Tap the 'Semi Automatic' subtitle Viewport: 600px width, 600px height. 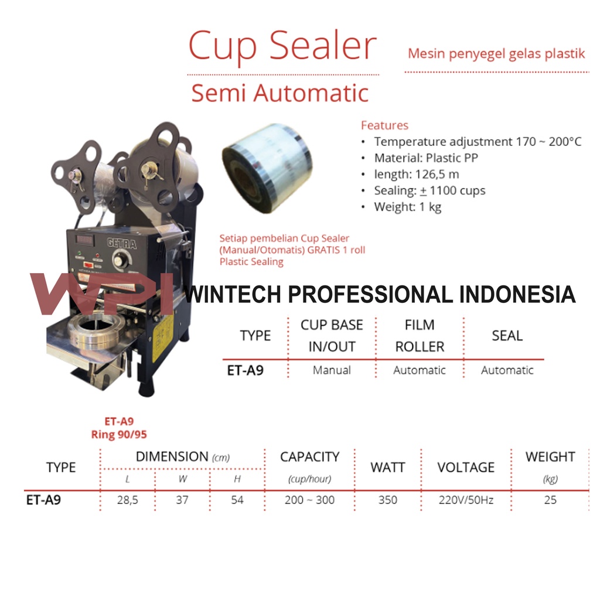(x=280, y=93)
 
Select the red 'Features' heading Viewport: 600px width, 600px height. (x=384, y=125)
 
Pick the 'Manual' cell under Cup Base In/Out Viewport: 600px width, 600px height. (x=332, y=370)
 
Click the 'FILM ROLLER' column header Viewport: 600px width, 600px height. (x=420, y=336)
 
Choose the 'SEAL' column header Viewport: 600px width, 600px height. (x=507, y=336)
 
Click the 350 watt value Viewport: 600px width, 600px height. (x=387, y=500)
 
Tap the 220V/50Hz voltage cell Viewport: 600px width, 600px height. (x=466, y=500)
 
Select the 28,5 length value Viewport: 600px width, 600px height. (x=127, y=500)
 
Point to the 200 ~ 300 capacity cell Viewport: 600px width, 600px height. (x=309, y=500)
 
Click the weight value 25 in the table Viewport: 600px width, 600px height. (x=550, y=500)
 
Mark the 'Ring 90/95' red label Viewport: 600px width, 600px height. (x=119, y=435)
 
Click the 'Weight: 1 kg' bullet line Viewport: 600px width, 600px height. (x=408, y=207)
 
